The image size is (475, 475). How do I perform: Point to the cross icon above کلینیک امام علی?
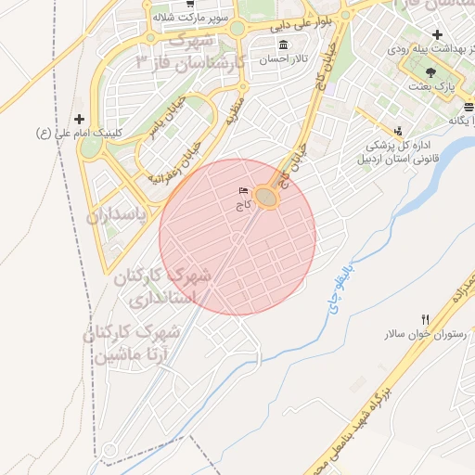click(x=79, y=119)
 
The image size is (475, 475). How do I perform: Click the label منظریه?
click(x=233, y=112)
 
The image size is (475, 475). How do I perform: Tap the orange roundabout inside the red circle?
click(x=267, y=198)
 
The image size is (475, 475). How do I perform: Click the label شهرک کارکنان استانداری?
click(x=162, y=288)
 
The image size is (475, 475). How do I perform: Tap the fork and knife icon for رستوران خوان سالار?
click(x=425, y=320)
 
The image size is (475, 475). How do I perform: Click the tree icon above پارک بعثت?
click(x=429, y=71)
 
